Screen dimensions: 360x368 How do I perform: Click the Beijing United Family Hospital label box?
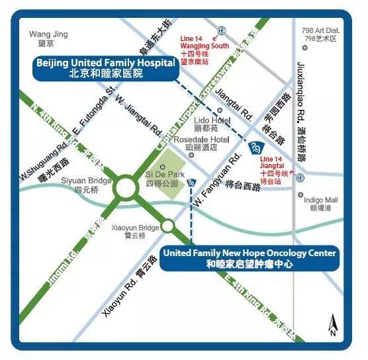pyautogui.click(x=106, y=67)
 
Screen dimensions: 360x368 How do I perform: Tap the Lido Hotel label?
pyautogui.click(x=211, y=123)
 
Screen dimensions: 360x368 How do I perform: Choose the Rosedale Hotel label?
pyautogui.click(x=201, y=144)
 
